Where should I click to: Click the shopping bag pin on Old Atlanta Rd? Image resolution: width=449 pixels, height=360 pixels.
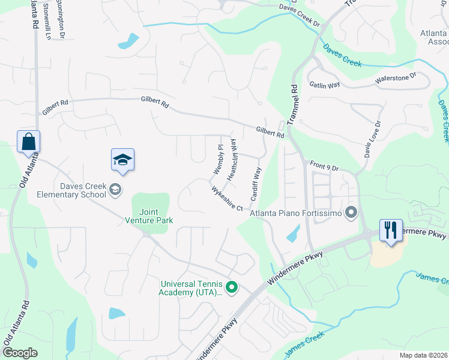[x=28, y=142]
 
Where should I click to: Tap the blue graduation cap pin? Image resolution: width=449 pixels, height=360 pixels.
[x=122, y=160]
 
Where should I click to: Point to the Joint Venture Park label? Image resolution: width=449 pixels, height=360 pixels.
[x=156, y=216]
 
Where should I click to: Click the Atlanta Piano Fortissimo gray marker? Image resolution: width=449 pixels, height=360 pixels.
[x=352, y=212]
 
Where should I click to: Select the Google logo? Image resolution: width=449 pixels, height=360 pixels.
[x=20, y=353]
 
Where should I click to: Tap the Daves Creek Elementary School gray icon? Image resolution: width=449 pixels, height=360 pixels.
[x=115, y=190]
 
